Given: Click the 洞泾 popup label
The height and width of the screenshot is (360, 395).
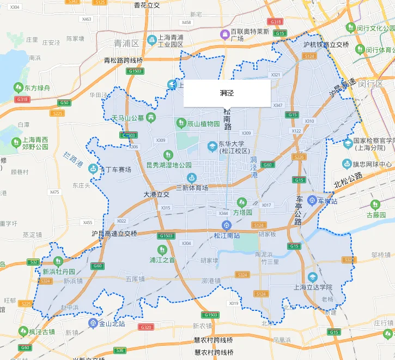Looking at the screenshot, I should pos(227,93).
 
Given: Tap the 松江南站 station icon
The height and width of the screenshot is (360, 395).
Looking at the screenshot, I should pos(226,225).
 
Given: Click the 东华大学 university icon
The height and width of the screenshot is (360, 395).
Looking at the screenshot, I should pos(212,146).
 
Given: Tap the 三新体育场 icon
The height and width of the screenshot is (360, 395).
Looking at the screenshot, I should pos(191,178).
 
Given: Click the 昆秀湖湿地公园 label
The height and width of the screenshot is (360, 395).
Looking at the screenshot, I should pos(169,165).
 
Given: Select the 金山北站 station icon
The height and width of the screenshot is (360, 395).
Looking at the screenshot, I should pos(93,323).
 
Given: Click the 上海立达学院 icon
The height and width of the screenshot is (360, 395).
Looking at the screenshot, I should pos(312,277).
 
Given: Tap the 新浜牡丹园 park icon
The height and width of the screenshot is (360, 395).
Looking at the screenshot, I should pos(58,261).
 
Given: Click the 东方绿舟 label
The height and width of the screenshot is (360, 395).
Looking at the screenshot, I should pos(37,87).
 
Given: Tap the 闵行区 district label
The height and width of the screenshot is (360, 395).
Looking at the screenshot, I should pos(371,83).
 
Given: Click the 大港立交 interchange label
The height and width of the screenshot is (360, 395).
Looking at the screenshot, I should pos(157,194).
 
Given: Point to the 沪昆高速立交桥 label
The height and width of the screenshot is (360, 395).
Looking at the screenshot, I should pos(114,233).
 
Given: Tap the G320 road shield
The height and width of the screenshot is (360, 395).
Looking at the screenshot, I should pos(146,327).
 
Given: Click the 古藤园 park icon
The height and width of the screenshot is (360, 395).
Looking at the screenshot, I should pos(375,205).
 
